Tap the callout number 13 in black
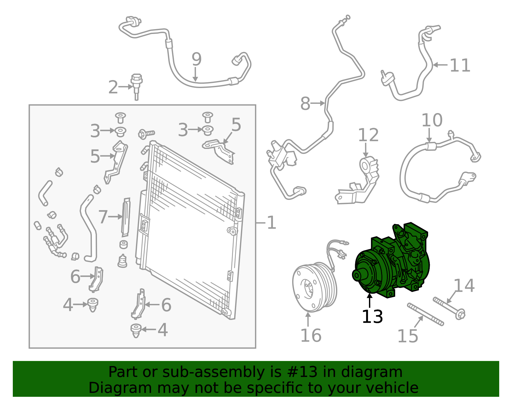[x=372, y=316]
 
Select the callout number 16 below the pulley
[x=311, y=336]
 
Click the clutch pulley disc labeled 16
[x=315, y=287]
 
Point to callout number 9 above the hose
[x=196, y=59]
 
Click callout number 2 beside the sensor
[x=113, y=87]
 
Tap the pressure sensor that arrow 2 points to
[x=136, y=87]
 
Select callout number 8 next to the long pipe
[x=305, y=103]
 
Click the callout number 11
[x=460, y=65]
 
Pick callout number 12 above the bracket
[x=369, y=135]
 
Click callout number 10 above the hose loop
[x=432, y=120]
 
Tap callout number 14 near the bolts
[x=464, y=286]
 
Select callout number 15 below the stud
[x=408, y=336]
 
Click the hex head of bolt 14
[x=460, y=314]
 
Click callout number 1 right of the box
[x=271, y=223]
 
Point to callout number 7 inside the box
[x=103, y=217]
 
